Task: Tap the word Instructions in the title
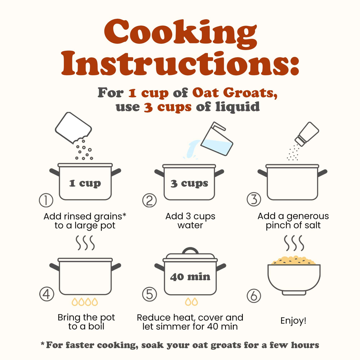click(x=180, y=63)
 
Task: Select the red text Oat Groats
click(x=235, y=93)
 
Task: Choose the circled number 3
click(x=254, y=199)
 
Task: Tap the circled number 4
click(x=47, y=294)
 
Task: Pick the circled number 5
click(x=150, y=294)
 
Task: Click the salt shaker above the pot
click(x=307, y=134)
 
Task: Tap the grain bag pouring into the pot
click(x=73, y=128)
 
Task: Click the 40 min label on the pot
click(x=190, y=277)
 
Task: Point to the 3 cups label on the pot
click(x=190, y=183)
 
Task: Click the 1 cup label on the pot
click(x=85, y=183)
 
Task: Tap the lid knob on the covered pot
click(x=190, y=250)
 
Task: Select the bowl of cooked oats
click(x=294, y=276)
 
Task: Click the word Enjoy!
click(x=294, y=320)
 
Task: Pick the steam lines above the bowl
click(x=294, y=243)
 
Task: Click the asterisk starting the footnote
click(x=43, y=344)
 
